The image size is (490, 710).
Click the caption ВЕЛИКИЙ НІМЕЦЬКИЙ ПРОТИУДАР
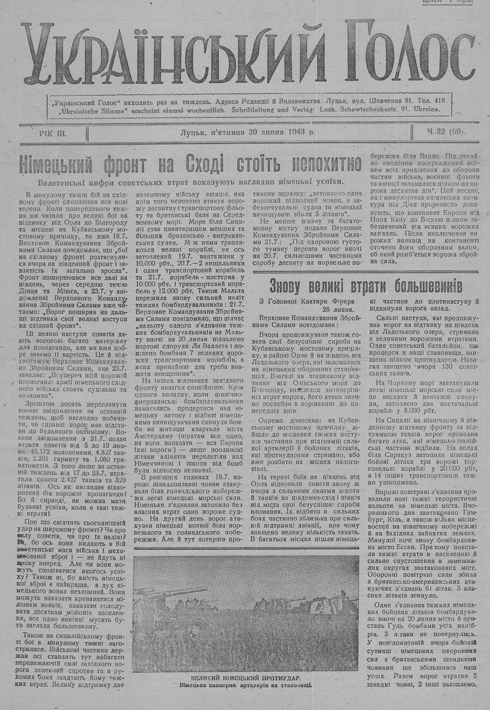(245, 678)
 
